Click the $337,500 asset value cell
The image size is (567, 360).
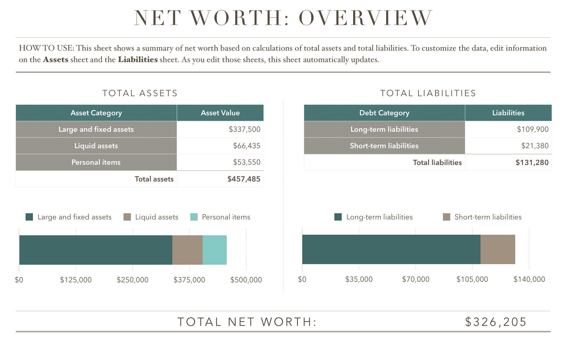[x=244, y=129]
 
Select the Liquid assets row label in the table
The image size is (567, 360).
[x=96, y=146]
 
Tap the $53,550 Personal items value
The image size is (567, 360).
[x=246, y=162]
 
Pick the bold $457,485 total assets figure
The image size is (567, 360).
[x=244, y=179]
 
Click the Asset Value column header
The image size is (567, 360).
[x=220, y=113]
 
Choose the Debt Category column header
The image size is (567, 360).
[x=384, y=113]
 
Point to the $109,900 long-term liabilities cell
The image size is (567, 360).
[x=533, y=129]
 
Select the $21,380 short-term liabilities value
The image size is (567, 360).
[x=535, y=146]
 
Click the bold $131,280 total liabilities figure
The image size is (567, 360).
[x=532, y=163]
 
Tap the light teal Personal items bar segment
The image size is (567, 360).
[x=215, y=250]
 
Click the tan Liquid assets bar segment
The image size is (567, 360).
[x=187, y=250]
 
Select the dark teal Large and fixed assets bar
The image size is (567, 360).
[x=96, y=250]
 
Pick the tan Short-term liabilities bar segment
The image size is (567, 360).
[x=498, y=249]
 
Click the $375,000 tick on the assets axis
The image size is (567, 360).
[x=189, y=280]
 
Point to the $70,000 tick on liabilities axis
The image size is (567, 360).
[x=416, y=279]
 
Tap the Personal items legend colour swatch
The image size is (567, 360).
[x=194, y=217]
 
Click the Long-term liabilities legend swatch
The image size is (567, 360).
[x=338, y=217]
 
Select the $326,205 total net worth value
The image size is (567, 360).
[x=496, y=322]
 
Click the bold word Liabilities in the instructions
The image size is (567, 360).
[x=138, y=60]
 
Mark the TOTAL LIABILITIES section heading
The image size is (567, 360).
[x=428, y=93]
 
